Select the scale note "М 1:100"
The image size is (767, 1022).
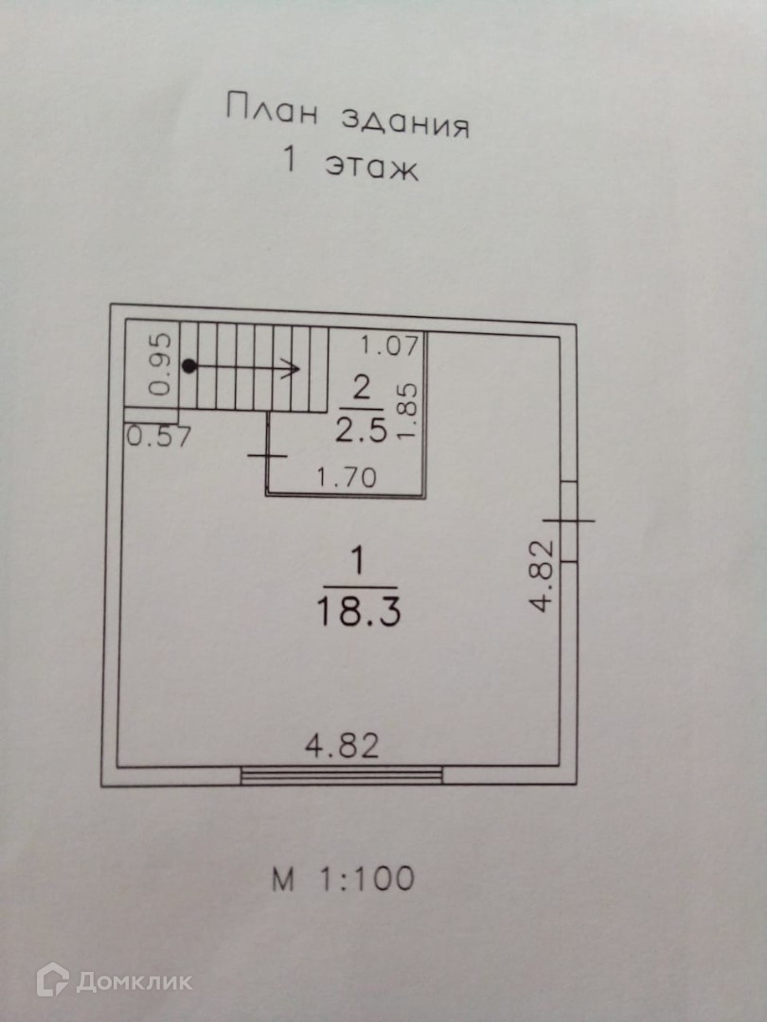pos(343,879)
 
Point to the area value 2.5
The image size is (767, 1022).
pos(360,432)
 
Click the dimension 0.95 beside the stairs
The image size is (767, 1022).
pos(162,364)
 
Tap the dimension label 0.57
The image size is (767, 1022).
pos(160,437)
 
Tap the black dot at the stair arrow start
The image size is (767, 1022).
pos(189,366)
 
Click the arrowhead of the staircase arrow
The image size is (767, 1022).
pos(294,367)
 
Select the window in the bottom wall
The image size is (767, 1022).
pos(342,776)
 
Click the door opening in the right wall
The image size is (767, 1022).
pos(570,520)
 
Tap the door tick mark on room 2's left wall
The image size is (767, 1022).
pos(267,455)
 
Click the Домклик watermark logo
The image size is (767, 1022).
pos(114,980)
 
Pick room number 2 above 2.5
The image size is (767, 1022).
pos(360,389)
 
